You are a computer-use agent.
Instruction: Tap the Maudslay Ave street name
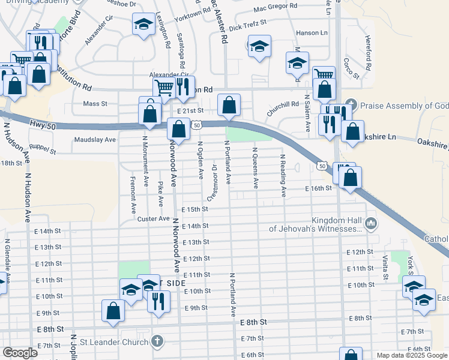pos(94,140)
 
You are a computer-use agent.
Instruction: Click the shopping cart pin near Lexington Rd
pos(164,88)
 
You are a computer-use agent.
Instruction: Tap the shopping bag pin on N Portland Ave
pos(229,105)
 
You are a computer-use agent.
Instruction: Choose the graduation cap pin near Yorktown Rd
pos(143,25)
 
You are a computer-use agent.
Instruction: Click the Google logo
pos(20,353)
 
